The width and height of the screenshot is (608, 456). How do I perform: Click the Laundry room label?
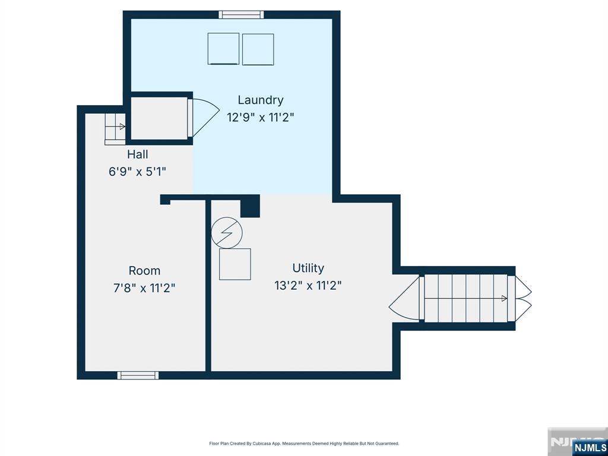point(261,100)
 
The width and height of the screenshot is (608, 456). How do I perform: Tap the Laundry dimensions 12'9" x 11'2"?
point(261,117)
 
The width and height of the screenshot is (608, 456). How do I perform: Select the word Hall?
point(138,154)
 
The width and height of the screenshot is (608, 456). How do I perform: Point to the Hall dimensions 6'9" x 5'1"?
point(138,172)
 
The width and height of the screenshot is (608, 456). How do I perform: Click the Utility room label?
point(308,268)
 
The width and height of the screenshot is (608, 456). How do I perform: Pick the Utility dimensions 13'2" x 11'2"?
point(308,286)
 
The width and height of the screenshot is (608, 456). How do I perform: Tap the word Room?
point(144,271)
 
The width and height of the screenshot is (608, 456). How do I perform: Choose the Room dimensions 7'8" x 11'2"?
point(144,288)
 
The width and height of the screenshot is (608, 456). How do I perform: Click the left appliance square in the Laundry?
point(223,49)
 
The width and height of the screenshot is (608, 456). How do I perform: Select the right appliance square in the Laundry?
point(258,49)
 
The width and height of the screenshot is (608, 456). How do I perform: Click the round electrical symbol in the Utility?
point(227,233)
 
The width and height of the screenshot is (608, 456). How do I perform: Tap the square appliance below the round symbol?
point(235,264)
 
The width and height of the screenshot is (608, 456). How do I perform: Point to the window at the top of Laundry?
point(241,15)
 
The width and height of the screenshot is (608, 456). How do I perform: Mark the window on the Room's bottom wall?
point(138,375)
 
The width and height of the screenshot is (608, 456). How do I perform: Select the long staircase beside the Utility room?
point(466,298)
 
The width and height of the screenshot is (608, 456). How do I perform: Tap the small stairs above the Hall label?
point(115,129)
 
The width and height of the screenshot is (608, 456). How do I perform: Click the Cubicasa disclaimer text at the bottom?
point(304,443)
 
